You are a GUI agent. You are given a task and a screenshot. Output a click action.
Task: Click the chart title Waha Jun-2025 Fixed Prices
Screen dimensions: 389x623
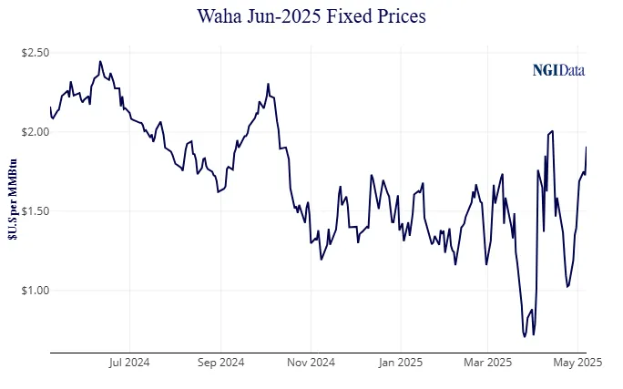click(x=311, y=16)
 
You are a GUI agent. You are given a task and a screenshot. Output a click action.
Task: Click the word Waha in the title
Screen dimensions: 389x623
click(x=221, y=16)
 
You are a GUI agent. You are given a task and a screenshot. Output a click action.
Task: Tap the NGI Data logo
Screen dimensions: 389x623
click(x=558, y=69)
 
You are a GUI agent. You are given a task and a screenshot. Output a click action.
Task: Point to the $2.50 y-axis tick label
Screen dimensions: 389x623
click(x=35, y=53)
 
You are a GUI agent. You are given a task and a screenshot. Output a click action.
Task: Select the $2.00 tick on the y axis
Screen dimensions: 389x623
click(x=35, y=132)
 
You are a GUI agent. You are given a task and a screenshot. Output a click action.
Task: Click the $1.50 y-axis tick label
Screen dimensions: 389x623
click(x=35, y=211)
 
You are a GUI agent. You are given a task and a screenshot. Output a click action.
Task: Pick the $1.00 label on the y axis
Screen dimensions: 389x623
click(x=35, y=291)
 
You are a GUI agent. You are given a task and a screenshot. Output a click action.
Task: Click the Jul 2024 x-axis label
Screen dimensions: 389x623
click(x=129, y=362)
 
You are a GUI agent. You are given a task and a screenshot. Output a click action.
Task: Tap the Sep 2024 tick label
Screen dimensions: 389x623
click(x=220, y=362)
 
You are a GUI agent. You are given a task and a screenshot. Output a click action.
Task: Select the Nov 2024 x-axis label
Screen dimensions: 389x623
click(x=311, y=362)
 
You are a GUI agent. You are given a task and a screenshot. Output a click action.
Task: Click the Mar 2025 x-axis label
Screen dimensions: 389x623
click(x=487, y=362)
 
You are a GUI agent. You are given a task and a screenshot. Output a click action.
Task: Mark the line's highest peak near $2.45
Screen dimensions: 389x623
click(x=99, y=62)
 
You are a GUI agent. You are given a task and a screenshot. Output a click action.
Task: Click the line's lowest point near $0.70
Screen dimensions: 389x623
click(x=524, y=336)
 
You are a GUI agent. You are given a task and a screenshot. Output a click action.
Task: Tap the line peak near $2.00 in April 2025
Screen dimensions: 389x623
click(x=553, y=131)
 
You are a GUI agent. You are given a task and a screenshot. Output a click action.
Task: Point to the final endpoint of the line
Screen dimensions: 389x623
click(x=586, y=147)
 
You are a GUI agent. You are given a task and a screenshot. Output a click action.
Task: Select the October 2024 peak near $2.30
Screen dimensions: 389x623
click(x=268, y=85)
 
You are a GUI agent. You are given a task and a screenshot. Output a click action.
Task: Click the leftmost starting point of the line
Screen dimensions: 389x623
click(x=50, y=107)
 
